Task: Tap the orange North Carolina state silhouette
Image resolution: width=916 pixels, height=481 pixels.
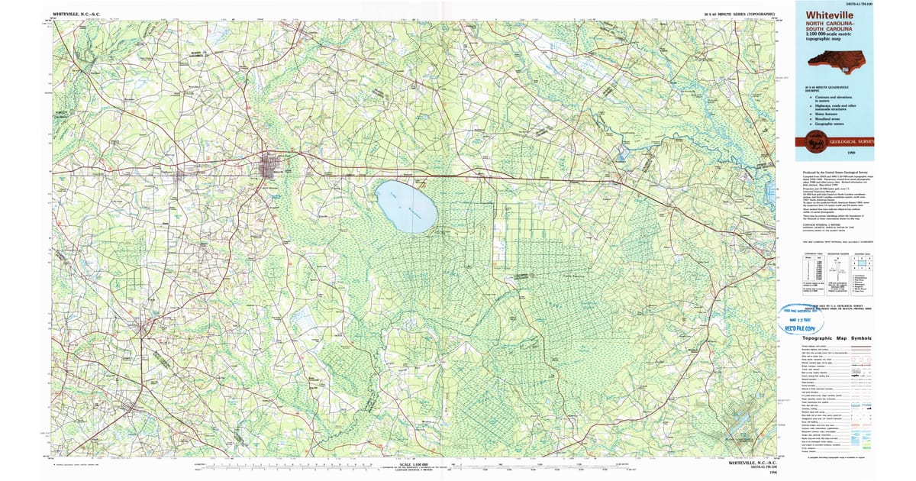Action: (x=837, y=59)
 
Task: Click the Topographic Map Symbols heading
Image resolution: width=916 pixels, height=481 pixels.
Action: (x=836, y=338)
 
